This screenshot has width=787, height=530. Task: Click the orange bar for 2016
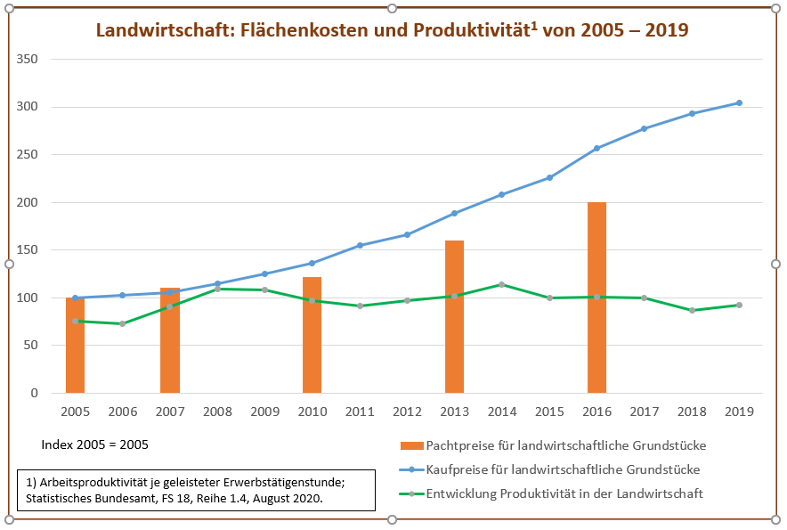tap(596, 298)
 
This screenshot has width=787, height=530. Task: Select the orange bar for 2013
tap(454, 316)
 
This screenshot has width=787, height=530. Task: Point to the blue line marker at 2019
tap(739, 103)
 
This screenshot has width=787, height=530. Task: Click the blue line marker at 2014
tap(502, 194)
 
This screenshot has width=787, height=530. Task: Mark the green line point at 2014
tap(502, 284)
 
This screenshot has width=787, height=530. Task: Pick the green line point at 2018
tap(692, 310)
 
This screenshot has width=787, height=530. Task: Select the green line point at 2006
tap(122, 323)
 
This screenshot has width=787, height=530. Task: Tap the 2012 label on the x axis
tap(407, 412)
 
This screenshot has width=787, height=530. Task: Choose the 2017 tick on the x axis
tap(645, 412)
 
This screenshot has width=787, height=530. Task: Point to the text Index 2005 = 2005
tap(95, 444)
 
